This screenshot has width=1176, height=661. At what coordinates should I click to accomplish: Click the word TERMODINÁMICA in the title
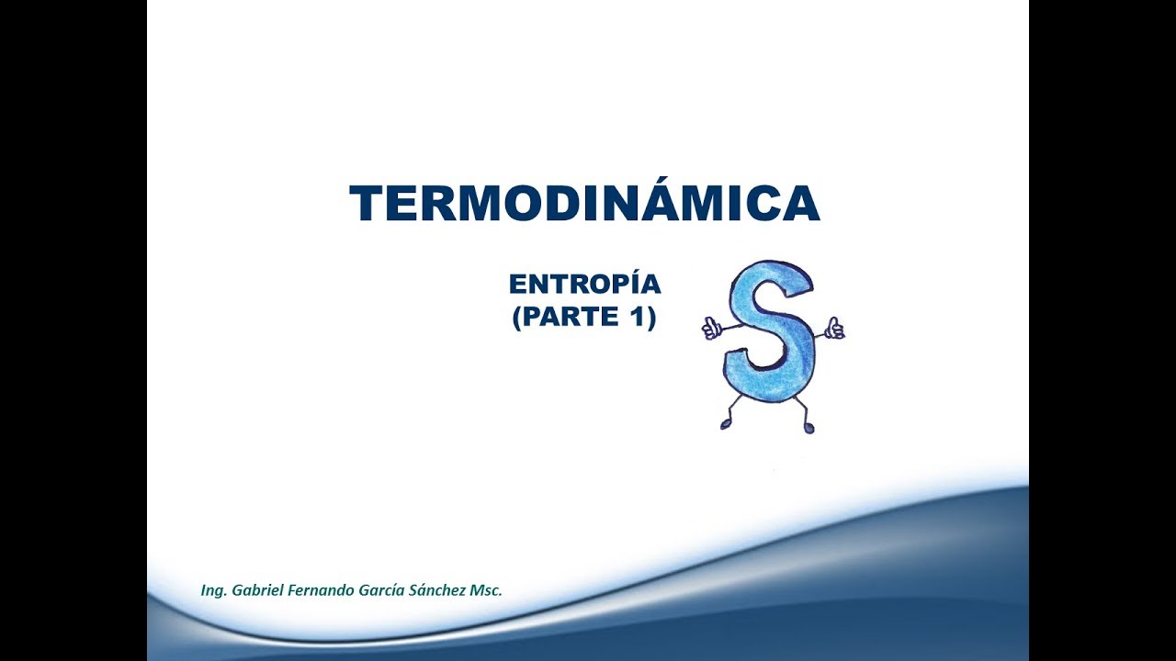[584, 204]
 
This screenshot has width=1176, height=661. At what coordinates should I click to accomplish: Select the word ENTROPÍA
[584, 285]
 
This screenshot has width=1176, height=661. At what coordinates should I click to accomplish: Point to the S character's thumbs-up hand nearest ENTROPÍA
[712, 328]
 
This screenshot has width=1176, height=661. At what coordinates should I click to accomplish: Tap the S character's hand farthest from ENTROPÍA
[834, 328]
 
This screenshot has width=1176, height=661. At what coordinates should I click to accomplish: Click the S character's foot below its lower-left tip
[726, 423]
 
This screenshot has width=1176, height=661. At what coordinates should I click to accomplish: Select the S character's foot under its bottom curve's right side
[808, 427]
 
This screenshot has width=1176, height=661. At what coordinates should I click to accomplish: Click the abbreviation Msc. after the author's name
[487, 590]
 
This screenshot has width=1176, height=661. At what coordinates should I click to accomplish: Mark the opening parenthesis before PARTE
[516, 319]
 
